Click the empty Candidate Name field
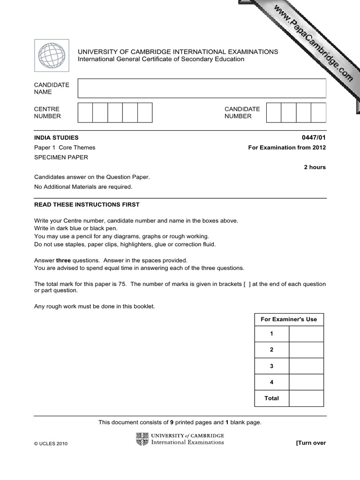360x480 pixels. point(202,88)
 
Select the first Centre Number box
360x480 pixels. point(85,112)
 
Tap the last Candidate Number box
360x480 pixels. point(318,112)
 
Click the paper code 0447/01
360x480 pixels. point(314,138)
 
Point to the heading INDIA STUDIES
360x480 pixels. point(56,138)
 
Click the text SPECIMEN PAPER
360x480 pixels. point(61,157)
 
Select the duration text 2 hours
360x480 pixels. point(315,167)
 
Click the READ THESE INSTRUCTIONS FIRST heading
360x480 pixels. point(87,205)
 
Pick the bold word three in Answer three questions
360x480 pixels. point(63,260)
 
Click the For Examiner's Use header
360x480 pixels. point(289,319)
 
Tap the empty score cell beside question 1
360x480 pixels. point(306,334)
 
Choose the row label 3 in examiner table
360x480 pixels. point(271,366)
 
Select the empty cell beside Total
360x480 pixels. point(306,398)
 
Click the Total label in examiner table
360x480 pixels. point(271,398)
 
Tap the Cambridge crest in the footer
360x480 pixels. point(142,439)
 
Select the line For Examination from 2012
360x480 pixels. point(287,148)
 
